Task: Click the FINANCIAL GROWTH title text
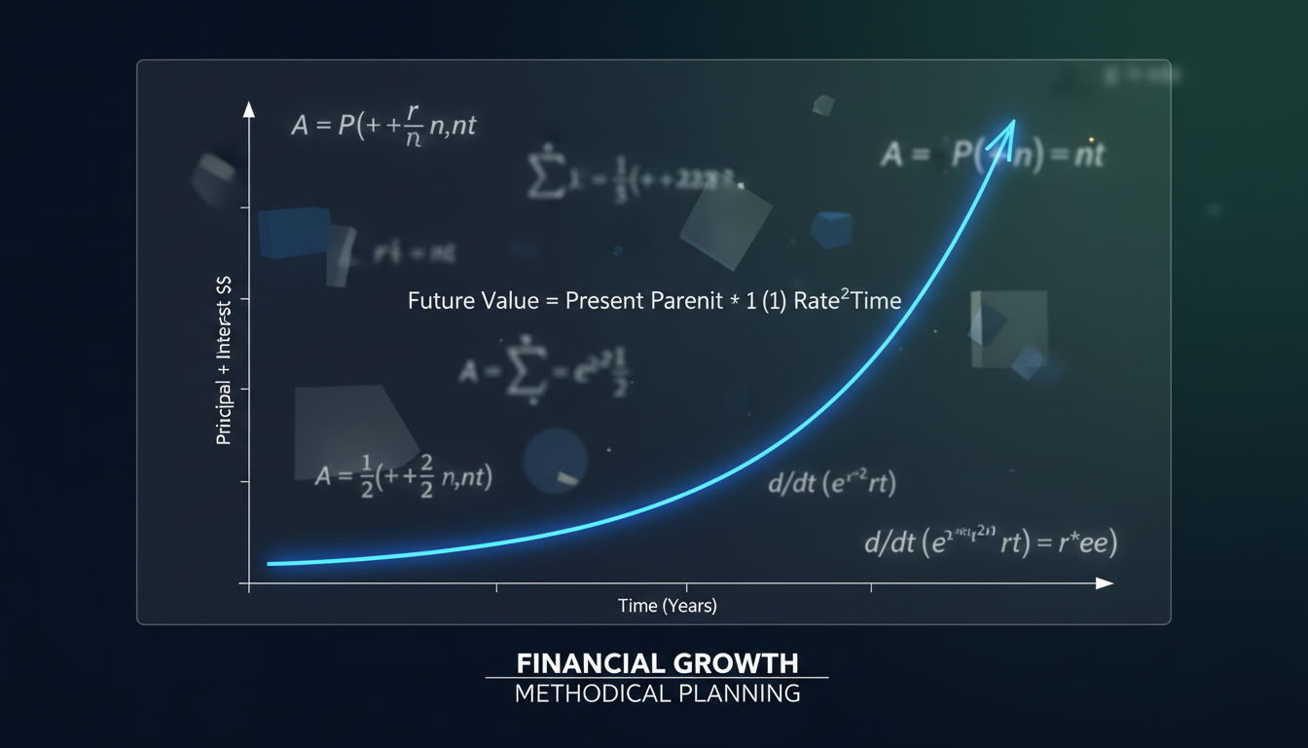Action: (x=657, y=663)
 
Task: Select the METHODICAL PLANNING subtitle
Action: (x=657, y=693)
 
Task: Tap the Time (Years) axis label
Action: (x=668, y=606)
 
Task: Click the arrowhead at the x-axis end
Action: (x=1105, y=582)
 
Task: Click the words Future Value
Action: (x=470, y=301)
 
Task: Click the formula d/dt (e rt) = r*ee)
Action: (x=990, y=542)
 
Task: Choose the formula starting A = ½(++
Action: (x=404, y=477)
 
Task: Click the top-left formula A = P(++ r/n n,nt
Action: (x=382, y=127)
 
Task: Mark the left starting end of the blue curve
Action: (x=271, y=563)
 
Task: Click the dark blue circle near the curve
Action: (x=555, y=461)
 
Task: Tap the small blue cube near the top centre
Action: (x=830, y=229)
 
